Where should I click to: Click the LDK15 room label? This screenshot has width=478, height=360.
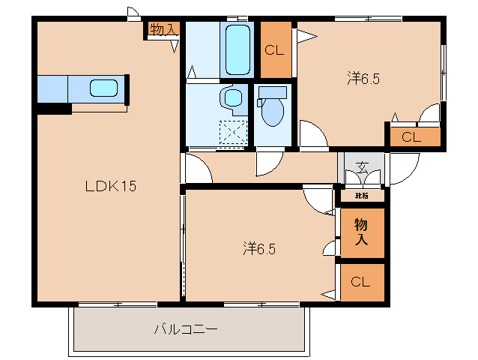[x=109, y=186]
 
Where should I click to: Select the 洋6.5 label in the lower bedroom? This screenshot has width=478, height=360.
[x=258, y=247]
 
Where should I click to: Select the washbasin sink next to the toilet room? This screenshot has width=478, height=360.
[x=234, y=97]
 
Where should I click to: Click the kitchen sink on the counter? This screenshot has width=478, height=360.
[x=103, y=88]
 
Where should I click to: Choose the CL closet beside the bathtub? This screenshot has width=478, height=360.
[x=275, y=50]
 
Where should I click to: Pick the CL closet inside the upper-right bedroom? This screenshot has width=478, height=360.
[x=411, y=136]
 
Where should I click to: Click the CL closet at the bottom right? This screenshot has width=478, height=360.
[x=361, y=282]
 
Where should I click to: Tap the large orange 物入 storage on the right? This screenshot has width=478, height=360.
[x=361, y=232]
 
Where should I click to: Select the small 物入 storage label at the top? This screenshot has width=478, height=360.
[x=163, y=29]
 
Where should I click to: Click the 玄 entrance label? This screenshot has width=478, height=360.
[x=362, y=167]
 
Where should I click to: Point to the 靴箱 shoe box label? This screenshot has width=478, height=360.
[x=362, y=196]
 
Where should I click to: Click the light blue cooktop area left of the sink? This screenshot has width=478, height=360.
[x=52, y=88]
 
